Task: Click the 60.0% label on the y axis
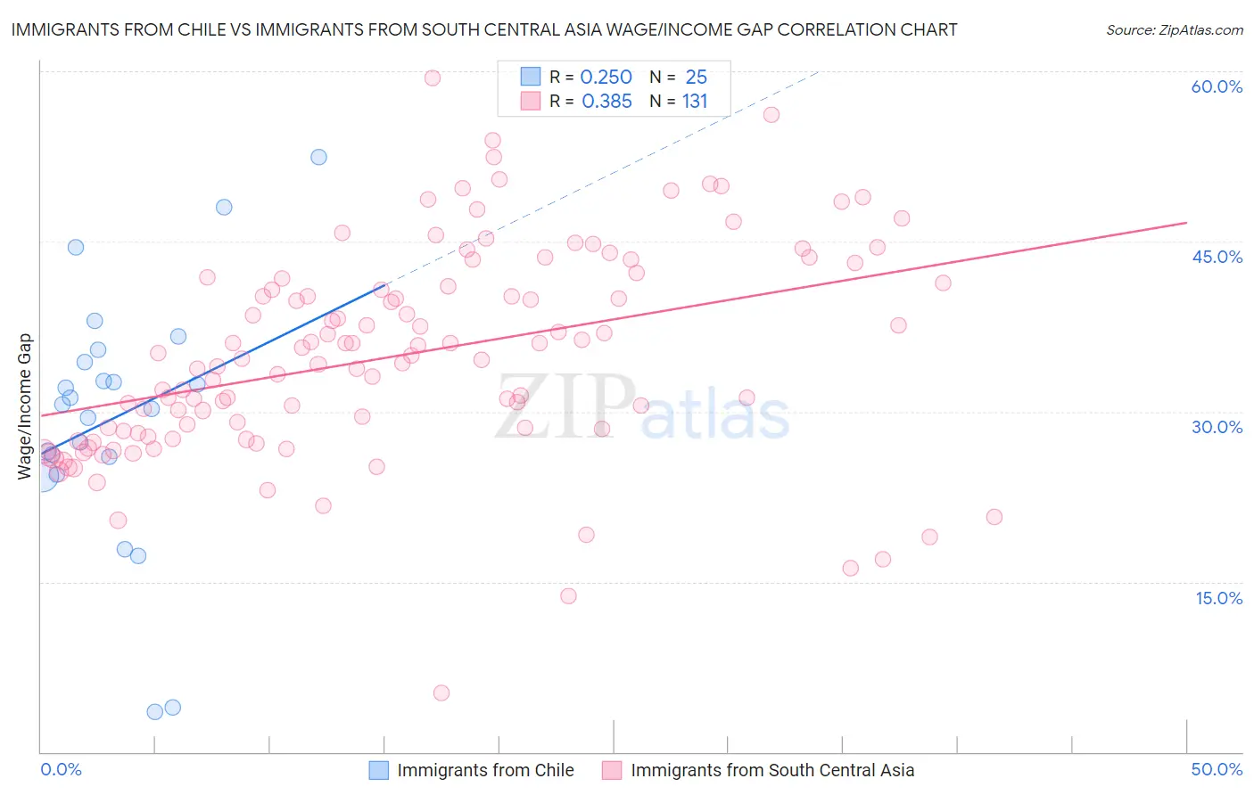(1217, 86)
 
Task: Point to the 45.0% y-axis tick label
(1217, 257)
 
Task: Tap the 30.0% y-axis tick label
(1217, 427)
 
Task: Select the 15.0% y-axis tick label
(1218, 598)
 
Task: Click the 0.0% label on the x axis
(61, 769)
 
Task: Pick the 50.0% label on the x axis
(1217, 769)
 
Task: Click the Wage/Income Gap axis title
(25, 406)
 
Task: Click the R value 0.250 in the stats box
(606, 78)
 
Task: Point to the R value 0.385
(606, 102)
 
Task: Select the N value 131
(695, 102)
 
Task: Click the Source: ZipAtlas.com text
(1174, 30)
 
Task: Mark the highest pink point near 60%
(433, 78)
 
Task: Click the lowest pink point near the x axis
(441, 693)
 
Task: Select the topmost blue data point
(318, 157)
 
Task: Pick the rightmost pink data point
(994, 517)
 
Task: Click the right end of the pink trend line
(1186, 222)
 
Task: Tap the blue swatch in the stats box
(531, 78)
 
